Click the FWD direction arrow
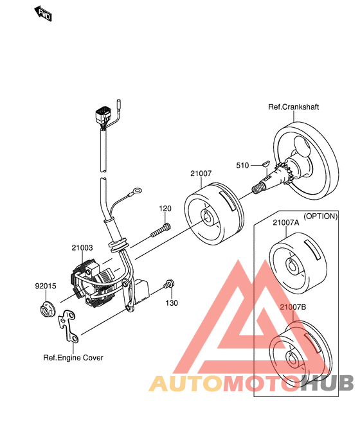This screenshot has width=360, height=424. coord(43,13)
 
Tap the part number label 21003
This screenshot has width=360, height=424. coord(82,248)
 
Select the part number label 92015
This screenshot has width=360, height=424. coord(46,286)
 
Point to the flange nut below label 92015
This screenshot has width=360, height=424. coord(47,309)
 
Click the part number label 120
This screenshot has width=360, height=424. coord(165,209)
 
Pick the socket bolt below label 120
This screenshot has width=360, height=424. coord(161,230)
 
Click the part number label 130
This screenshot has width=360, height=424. coord(172,303)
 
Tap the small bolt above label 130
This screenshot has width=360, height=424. coord(169,284)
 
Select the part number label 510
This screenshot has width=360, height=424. coord(242,166)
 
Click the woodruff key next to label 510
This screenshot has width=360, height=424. coord(265,164)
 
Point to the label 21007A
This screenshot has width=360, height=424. coord(286,222)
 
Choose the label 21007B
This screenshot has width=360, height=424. coord(293,307)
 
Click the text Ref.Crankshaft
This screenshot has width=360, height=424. coord(293,107)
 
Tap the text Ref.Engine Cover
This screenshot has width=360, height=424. coord(73,358)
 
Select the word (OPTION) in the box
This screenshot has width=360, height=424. coord(321,216)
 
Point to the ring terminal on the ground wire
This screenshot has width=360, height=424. coord(136,191)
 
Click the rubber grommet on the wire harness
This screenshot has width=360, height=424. coord(118,245)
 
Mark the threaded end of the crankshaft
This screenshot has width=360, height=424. coord(257,188)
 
